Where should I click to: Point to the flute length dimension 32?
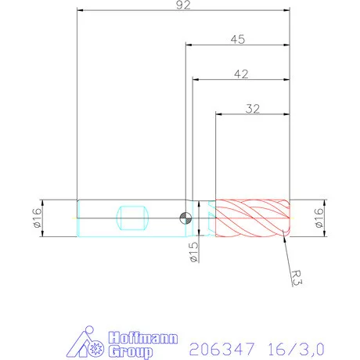tap(252, 109)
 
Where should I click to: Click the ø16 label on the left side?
tap(37, 217)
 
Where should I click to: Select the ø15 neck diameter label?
tap(193, 252)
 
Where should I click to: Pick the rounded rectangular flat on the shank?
tap(131, 217)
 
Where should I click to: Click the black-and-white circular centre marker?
tap(185, 218)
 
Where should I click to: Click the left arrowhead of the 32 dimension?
tap(218, 115)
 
